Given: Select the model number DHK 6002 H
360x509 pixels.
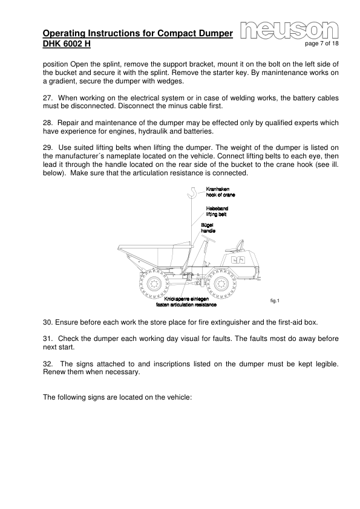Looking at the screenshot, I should pyautogui.click(x=67, y=45).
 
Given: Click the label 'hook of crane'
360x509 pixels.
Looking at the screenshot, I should pyautogui.click(x=221, y=195).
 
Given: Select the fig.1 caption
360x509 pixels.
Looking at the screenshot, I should pyautogui.click(x=276, y=300).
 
